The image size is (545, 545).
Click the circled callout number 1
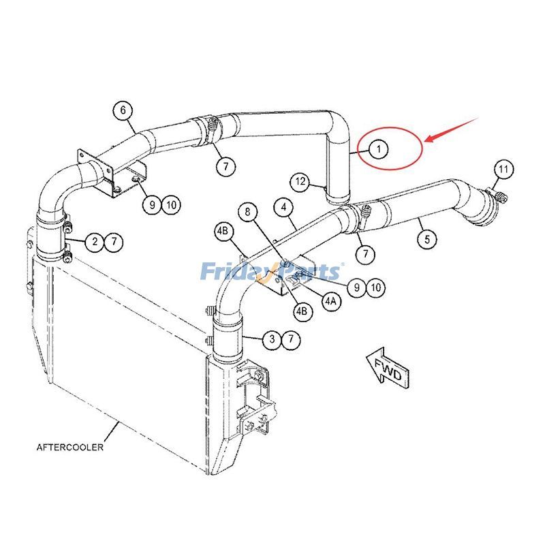coord(379,148)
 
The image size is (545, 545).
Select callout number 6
coord(123,110)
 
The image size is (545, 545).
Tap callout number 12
coord(301,181)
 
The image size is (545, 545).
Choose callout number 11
coord(503,168)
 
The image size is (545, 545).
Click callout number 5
coord(428,238)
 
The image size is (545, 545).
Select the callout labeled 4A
coord(332,300)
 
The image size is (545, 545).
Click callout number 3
coord(272,338)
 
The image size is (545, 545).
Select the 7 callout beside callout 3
coord(292,338)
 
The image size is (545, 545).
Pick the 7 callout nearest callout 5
coord(367,255)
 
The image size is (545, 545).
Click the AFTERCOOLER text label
coord(70,448)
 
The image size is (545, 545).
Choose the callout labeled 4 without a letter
coord(284,206)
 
